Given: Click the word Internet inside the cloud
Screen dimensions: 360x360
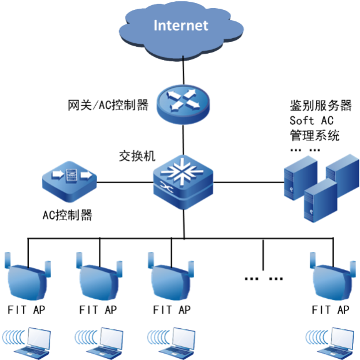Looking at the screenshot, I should (180, 25).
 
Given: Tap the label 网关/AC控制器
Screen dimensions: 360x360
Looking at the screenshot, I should (108, 105).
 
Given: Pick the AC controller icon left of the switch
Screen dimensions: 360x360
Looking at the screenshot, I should (69, 181).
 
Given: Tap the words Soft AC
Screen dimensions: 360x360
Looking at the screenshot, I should (311, 121).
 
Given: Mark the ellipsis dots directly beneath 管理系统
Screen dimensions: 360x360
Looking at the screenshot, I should (305, 149).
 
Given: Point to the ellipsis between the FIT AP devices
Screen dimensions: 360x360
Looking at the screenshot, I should (263, 279).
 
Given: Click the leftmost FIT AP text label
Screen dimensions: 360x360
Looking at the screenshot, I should (27, 310).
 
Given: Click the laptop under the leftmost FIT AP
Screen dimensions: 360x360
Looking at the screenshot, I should (34, 340).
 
